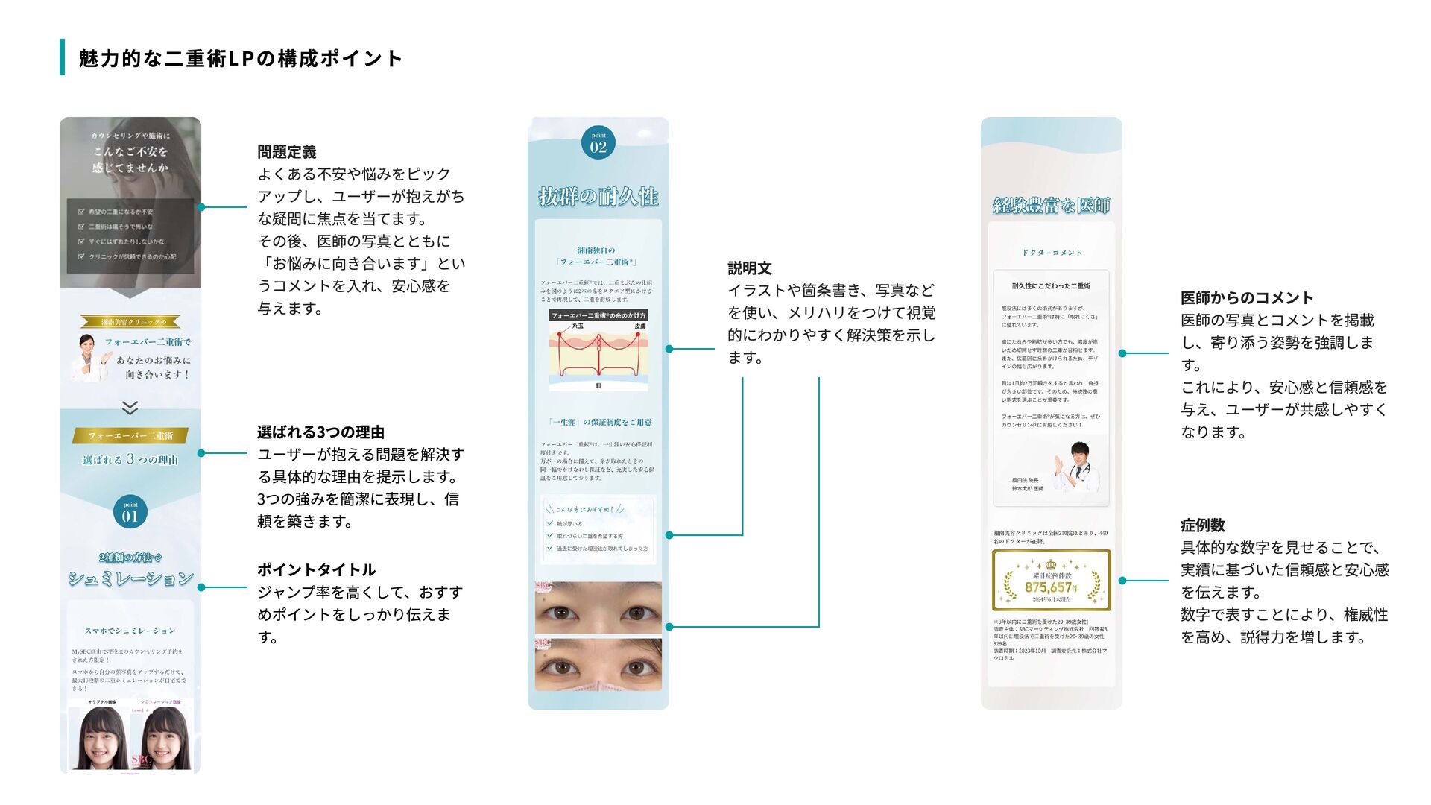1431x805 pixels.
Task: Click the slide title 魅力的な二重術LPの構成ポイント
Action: (x=240, y=58)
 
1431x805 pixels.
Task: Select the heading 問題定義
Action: (x=287, y=152)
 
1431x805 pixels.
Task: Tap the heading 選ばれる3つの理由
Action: (x=320, y=432)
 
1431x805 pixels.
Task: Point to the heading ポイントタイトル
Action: (x=316, y=570)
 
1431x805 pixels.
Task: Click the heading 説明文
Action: (x=749, y=268)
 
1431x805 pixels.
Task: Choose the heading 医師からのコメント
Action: (x=1246, y=298)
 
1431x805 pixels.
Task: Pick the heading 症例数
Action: (x=1202, y=525)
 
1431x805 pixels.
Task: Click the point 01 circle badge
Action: (x=130, y=512)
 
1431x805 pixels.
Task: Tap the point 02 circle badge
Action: (x=598, y=142)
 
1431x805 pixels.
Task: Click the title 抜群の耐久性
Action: (x=598, y=197)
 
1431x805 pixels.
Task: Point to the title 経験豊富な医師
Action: (x=1051, y=205)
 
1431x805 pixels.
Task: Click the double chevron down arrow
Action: (x=130, y=408)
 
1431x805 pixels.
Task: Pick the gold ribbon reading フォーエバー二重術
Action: (x=130, y=435)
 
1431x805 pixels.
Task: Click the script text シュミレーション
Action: (x=130, y=578)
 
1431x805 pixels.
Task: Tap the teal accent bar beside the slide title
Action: (x=63, y=57)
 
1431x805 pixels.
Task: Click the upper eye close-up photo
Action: (x=598, y=607)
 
